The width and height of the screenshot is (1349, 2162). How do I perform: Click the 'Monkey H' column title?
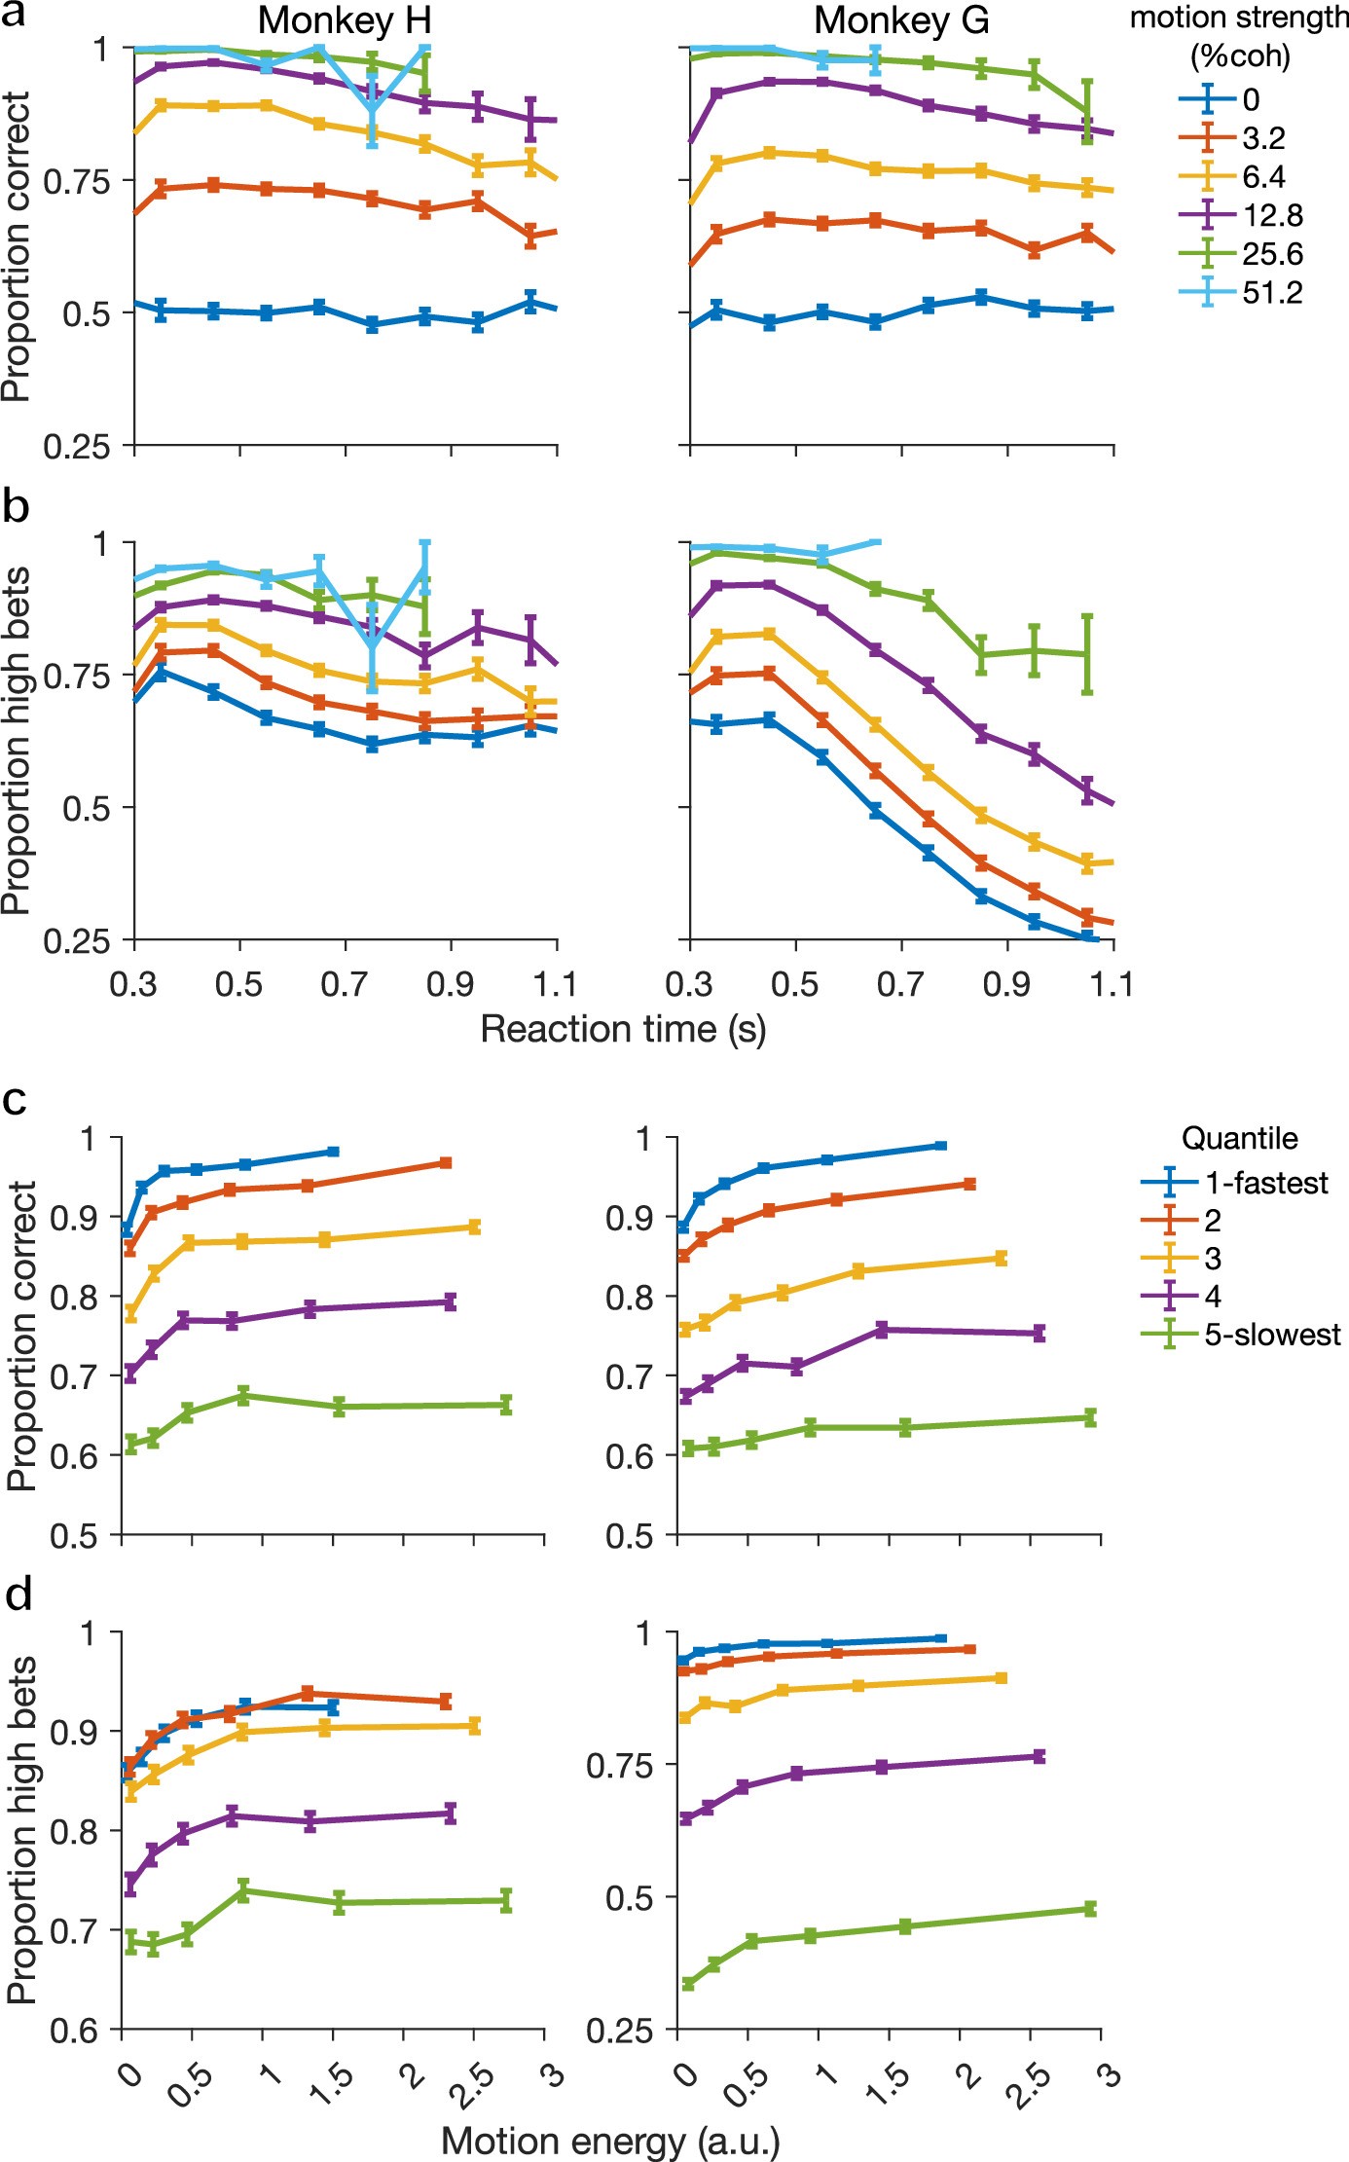[x=345, y=20]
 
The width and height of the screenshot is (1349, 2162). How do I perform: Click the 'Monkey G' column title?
[x=900, y=20]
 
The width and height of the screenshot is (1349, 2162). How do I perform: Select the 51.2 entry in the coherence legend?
[x=1271, y=292]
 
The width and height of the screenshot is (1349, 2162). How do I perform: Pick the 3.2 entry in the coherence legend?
[x=1263, y=138]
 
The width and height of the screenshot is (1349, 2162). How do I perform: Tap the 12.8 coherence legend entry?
[x=1271, y=215]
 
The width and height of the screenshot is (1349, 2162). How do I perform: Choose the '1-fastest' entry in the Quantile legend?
[x=1265, y=1183]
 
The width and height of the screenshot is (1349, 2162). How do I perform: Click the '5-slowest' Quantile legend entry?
[x=1271, y=1335]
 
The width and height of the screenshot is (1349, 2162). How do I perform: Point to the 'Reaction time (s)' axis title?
[x=623, y=1029]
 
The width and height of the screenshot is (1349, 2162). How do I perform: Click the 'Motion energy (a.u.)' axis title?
[x=610, y=2141]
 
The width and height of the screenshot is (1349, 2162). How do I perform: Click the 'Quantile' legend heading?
[x=1239, y=1138]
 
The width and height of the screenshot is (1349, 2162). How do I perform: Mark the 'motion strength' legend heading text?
[x=1238, y=18]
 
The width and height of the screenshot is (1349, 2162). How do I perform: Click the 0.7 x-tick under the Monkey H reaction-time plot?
[x=345, y=985]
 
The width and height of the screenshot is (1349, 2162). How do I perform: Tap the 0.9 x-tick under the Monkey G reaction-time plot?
[x=1006, y=985]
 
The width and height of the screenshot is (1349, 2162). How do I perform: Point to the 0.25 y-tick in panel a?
[x=74, y=447]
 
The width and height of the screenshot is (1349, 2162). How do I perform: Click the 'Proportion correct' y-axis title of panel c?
[x=20, y=1336]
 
